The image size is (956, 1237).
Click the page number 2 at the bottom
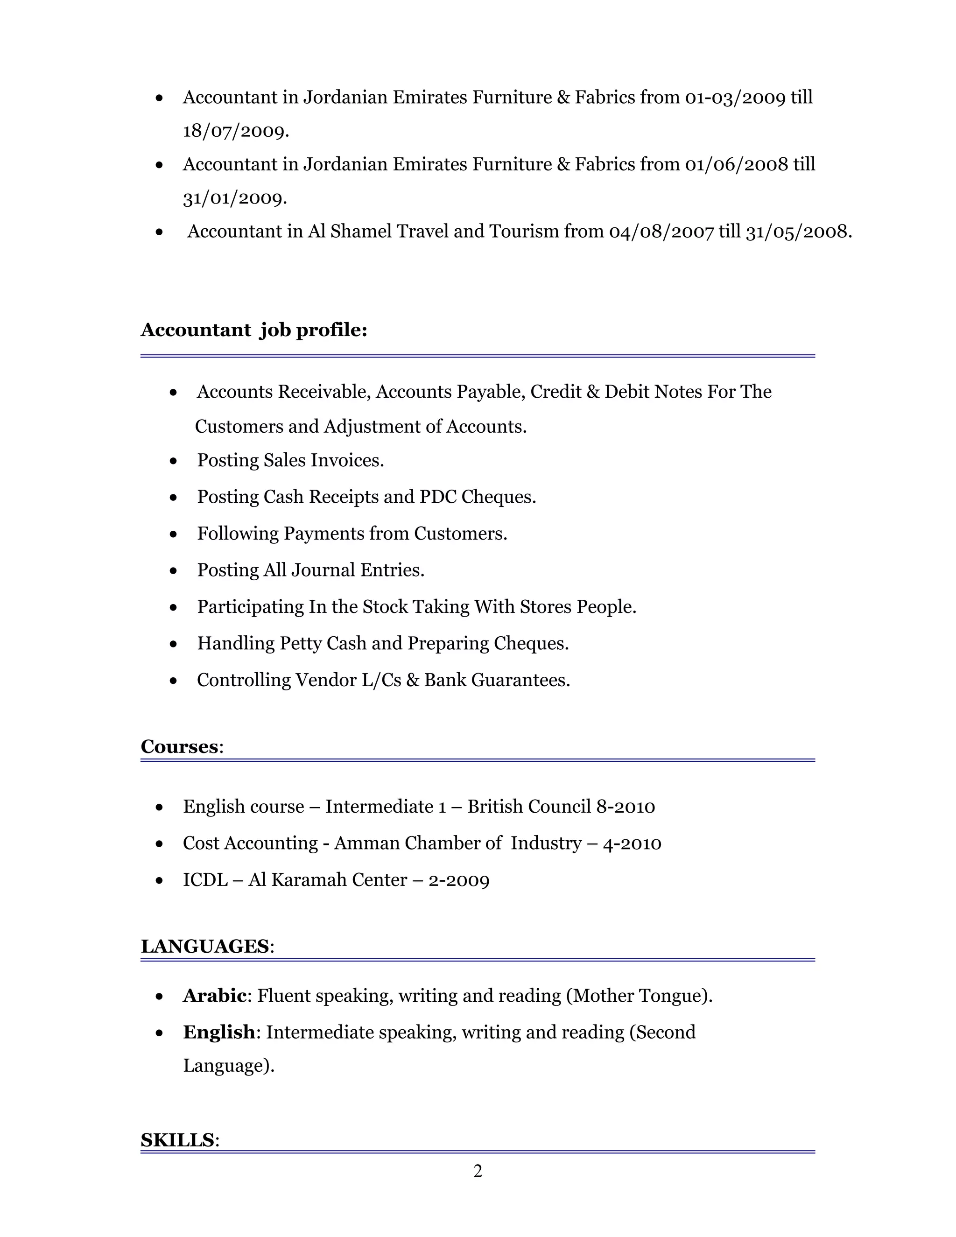(x=478, y=1171)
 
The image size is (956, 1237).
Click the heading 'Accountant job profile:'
(x=254, y=330)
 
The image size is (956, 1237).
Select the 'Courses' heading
(x=179, y=746)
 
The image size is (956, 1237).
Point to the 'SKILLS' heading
(x=177, y=1139)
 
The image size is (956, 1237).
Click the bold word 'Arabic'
(x=215, y=995)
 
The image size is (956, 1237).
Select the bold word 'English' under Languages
(x=218, y=1032)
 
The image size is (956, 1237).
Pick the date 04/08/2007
(x=661, y=232)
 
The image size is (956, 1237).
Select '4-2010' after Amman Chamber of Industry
(x=632, y=843)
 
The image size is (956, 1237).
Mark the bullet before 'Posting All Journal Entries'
(x=173, y=571)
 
